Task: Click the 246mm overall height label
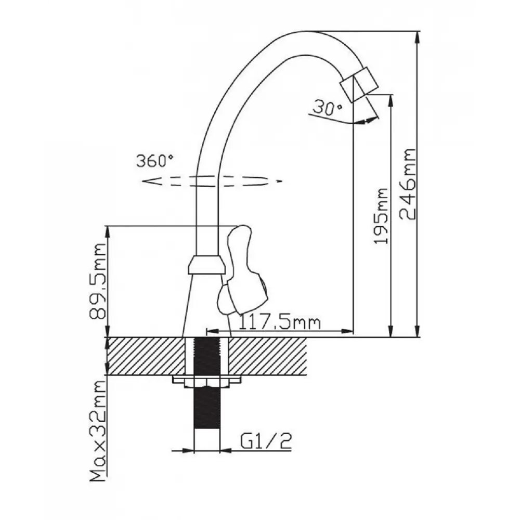click(x=408, y=184)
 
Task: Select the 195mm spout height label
click(x=381, y=216)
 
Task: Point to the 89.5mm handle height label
click(x=98, y=281)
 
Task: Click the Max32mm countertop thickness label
click(x=98, y=431)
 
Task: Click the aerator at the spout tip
click(x=359, y=84)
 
